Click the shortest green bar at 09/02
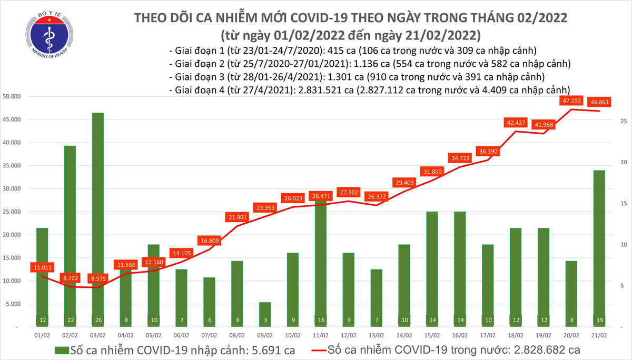tap(264, 314)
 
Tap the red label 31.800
tap(431, 172)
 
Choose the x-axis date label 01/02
tap(42, 335)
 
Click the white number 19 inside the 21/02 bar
tap(598, 321)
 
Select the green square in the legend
tap(62, 349)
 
